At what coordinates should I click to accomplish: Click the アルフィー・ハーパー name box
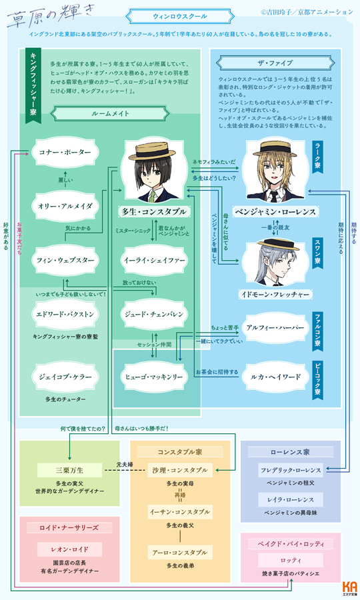[275, 329]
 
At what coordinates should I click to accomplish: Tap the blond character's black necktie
[274, 196]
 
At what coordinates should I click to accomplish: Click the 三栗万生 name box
[70, 470]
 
